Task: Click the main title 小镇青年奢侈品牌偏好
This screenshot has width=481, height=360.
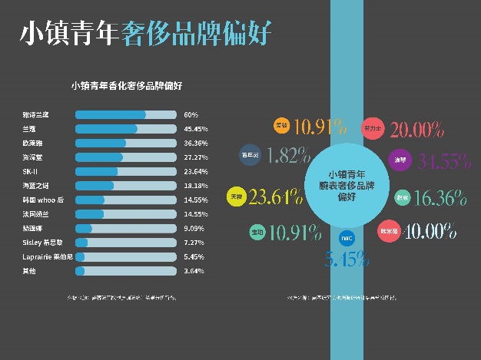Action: (145, 34)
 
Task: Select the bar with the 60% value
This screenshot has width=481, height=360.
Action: (125, 115)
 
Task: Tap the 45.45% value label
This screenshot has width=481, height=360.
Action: (196, 129)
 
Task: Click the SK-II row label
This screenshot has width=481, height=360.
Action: (32, 171)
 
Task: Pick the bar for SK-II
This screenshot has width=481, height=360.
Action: (125, 171)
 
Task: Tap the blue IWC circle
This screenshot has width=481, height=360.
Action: (347, 237)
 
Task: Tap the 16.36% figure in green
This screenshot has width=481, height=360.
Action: (440, 198)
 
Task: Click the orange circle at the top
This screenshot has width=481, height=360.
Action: (282, 125)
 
